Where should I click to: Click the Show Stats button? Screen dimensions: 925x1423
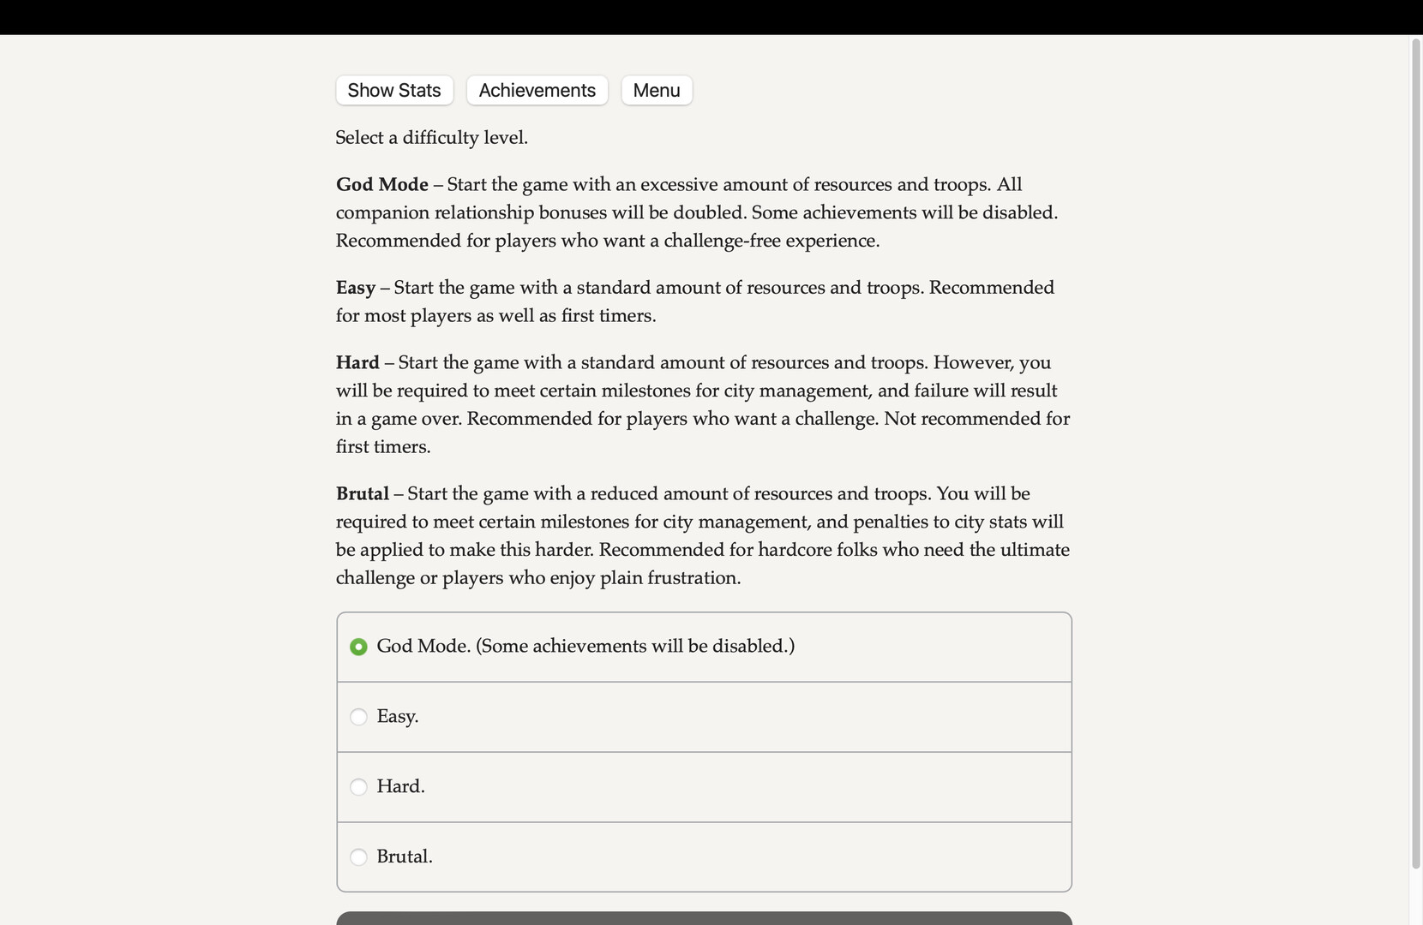pyautogui.click(x=394, y=91)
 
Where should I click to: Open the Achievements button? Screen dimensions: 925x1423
pyautogui.click(x=537, y=91)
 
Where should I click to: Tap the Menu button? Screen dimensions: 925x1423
pyautogui.click(x=657, y=91)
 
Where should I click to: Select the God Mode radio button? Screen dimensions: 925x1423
pyautogui.click(x=359, y=647)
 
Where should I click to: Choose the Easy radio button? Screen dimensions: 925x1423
pyautogui.click(x=359, y=717)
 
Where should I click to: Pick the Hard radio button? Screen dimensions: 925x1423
pyautogui.click(x=359, y=787)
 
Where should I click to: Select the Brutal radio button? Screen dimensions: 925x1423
pyautogui.click(x=359, y=857)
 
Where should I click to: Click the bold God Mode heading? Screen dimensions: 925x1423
pyautogui.click(x=382, y=185)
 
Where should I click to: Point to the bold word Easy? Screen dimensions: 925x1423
pyautogui.click(x=356, y=288)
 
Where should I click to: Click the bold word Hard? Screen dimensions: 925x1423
pyautogui.click(x=357, y=363)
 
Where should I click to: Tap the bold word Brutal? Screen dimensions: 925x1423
pyautogui.click(x=363, y=494)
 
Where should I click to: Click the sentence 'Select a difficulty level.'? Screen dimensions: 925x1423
pyautogui.click(x=431, y=138)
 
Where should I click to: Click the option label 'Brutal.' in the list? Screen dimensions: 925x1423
pyautogui.click(x=405, y=857)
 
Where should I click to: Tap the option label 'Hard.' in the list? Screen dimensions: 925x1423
pyautogui.click(x=400, y=787)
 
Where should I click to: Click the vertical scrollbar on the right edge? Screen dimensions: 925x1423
pyautogui.click(x=1415, y=454)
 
